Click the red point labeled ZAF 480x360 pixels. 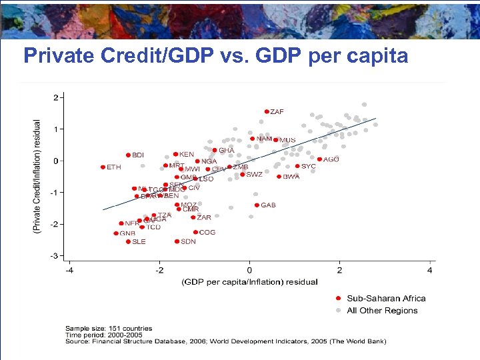click(x=267, y=112)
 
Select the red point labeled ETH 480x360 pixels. click(x=103, y=167)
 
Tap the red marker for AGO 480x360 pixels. click(x=319, y=159)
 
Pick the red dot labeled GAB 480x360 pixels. click(x=257, y=205)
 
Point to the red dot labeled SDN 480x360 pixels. click(x=177, y=241)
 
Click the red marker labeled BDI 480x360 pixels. click(x=128, y=155)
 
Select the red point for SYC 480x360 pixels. click(x=297, y=166)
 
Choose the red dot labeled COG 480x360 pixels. click(x=195, y=232)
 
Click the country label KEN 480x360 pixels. click(x=187, y=155)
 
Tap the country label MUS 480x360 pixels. click(x=287, y=140)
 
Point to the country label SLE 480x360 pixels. click(x=139, y=242)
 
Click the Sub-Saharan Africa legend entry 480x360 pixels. click(x=386, y=298)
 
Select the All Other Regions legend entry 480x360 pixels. click(x=382, y=310)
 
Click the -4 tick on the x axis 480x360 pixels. click(x=69, y=270)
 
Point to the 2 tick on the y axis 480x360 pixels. click(x=56, y=97)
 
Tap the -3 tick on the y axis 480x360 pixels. click(x=55, y=255)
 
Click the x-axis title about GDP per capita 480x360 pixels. click(x=249, y=282)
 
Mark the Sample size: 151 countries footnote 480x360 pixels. click(x=108, y=329)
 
